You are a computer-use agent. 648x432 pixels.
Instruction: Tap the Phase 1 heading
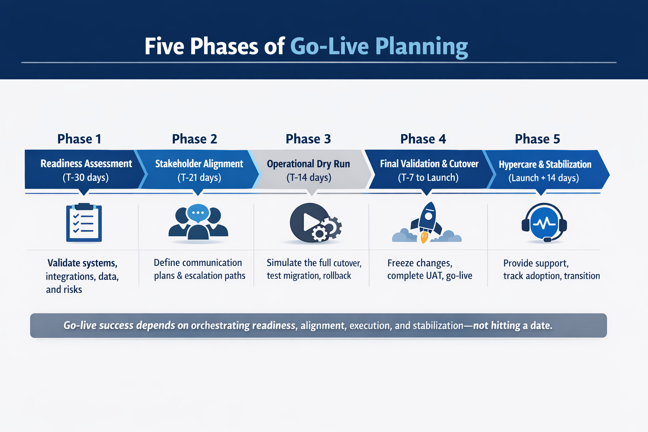tap(79, 139)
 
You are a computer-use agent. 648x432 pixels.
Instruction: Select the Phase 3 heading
tap(308, 139)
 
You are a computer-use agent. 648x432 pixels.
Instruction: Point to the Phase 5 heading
tap(537, 139)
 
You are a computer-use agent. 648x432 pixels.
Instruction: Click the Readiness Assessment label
tap(86, 164)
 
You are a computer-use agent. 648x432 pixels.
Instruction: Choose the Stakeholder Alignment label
tap(199, 164)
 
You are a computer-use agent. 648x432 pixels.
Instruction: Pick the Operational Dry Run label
tap(308, 164)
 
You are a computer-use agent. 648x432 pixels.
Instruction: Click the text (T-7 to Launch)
tap(428, 178)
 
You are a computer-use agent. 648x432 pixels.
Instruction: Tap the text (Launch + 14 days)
tap(543, 178)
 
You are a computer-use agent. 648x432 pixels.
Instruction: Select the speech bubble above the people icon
tap(198, 213)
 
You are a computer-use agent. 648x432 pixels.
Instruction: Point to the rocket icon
tap(427, 219)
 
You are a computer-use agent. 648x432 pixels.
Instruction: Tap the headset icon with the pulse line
tap(544, 223)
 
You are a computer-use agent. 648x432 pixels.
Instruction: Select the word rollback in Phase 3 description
tap(337, 275)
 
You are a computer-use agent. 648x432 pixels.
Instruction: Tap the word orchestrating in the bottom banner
tap(220, 325)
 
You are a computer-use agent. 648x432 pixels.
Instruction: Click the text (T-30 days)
tap(86, 178)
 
